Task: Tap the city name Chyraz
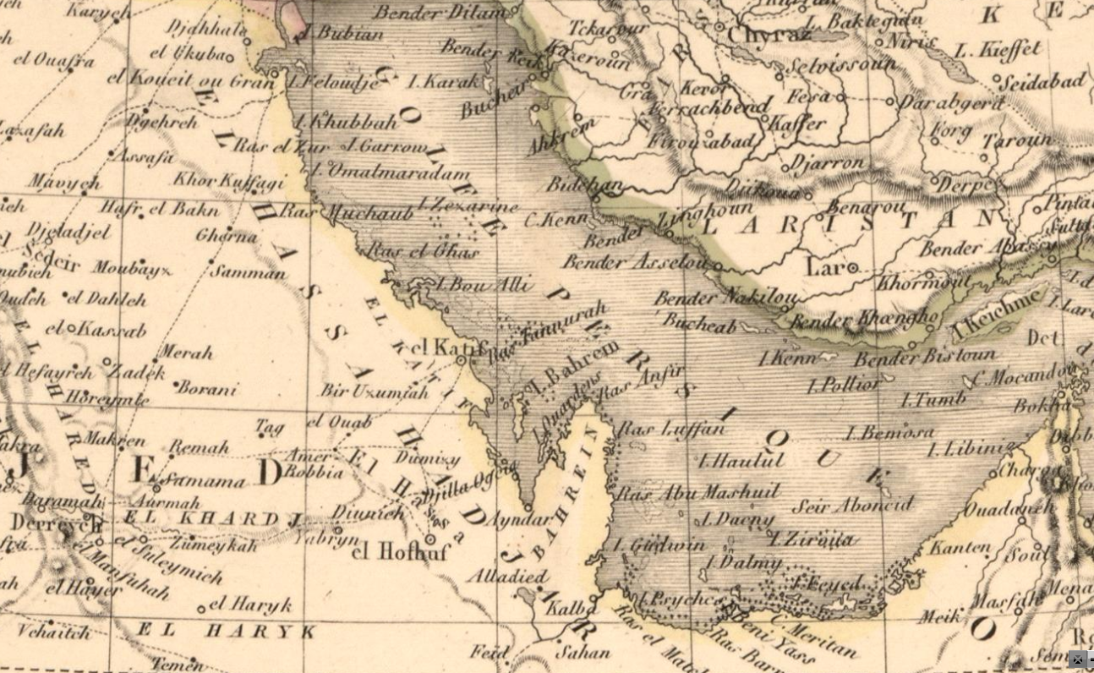coord(768,36)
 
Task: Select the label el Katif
coord(438,347)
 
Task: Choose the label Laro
coord(826,267)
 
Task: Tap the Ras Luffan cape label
coord(671,429)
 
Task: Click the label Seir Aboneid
coord(852,506)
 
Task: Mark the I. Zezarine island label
coord(468,205)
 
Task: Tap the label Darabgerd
coord(950,103)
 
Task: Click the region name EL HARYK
coord(227,631)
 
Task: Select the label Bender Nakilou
coord(725,298)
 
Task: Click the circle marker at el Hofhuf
coord(430,539)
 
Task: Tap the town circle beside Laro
coord(854,269)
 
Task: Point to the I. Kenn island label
coord(787,358)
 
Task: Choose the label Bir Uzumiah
coord(374,391)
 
